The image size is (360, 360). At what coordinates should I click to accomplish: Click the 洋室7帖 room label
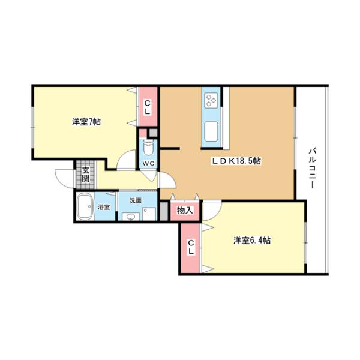[86, 122]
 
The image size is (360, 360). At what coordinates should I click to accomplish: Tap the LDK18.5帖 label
[235, 161]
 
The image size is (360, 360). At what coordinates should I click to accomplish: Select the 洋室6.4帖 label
[251, 241]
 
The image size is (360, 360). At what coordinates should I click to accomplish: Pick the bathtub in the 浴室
[86, 208]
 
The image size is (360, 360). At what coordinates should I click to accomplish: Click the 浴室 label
[104, 208]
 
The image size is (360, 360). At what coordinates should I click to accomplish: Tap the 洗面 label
[135, 200]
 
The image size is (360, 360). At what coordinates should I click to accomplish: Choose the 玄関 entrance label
[86, 174]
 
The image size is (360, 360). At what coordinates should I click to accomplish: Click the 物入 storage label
[185, 210]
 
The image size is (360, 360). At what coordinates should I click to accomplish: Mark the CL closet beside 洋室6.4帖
[191, 247]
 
